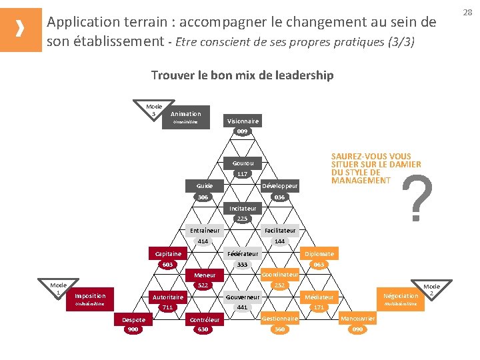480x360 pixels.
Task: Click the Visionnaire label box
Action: [243, 121]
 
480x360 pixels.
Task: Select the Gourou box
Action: [243, 163]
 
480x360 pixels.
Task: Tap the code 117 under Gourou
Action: [242, 174]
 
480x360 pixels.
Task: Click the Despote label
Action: [133, 320]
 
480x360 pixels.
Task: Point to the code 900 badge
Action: [133, 329]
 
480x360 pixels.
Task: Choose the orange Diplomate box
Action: [319, 253]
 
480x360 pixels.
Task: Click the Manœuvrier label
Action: [358, 319]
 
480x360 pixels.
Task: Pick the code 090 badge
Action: [357, 329]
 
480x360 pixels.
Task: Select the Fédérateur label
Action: [243, 254]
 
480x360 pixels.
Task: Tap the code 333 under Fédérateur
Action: [242, 265]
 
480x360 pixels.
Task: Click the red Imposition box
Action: [90, 295]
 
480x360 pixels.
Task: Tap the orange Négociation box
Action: [401, 295]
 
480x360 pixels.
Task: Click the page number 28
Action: [467, 12]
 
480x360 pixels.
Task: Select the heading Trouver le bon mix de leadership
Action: [242, 75]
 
